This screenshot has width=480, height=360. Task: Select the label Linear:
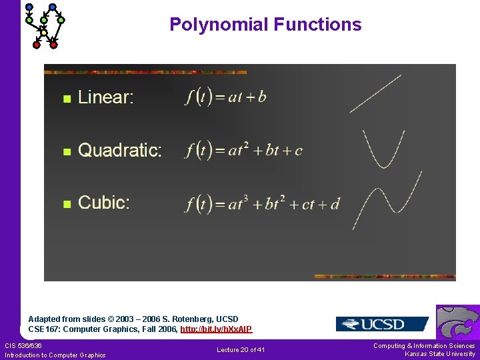tap(106, 97)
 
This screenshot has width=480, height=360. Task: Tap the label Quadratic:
tap(120, 150)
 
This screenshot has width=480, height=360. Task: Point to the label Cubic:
tap(104, 203)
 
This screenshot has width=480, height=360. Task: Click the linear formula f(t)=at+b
tap(226, 97)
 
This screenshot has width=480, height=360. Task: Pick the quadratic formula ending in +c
tap(244, 150)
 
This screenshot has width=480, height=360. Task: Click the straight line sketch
tap(375, 93)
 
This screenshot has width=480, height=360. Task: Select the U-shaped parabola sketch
tap(384, 149)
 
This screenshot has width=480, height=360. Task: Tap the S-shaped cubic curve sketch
tap(387, 200)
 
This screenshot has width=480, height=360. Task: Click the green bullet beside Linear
tap(66, 99)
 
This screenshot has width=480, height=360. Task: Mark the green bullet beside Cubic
tap(66, 204)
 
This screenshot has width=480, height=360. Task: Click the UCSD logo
tap(382, 324)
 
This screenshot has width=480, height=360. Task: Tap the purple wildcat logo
tap(458, 322)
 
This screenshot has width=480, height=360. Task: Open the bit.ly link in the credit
tap(216, 329)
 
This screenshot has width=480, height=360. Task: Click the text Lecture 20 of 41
tap(241, 350)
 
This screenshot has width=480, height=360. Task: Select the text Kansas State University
tap(440, 354)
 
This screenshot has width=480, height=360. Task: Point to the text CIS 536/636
tap(23, 345)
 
